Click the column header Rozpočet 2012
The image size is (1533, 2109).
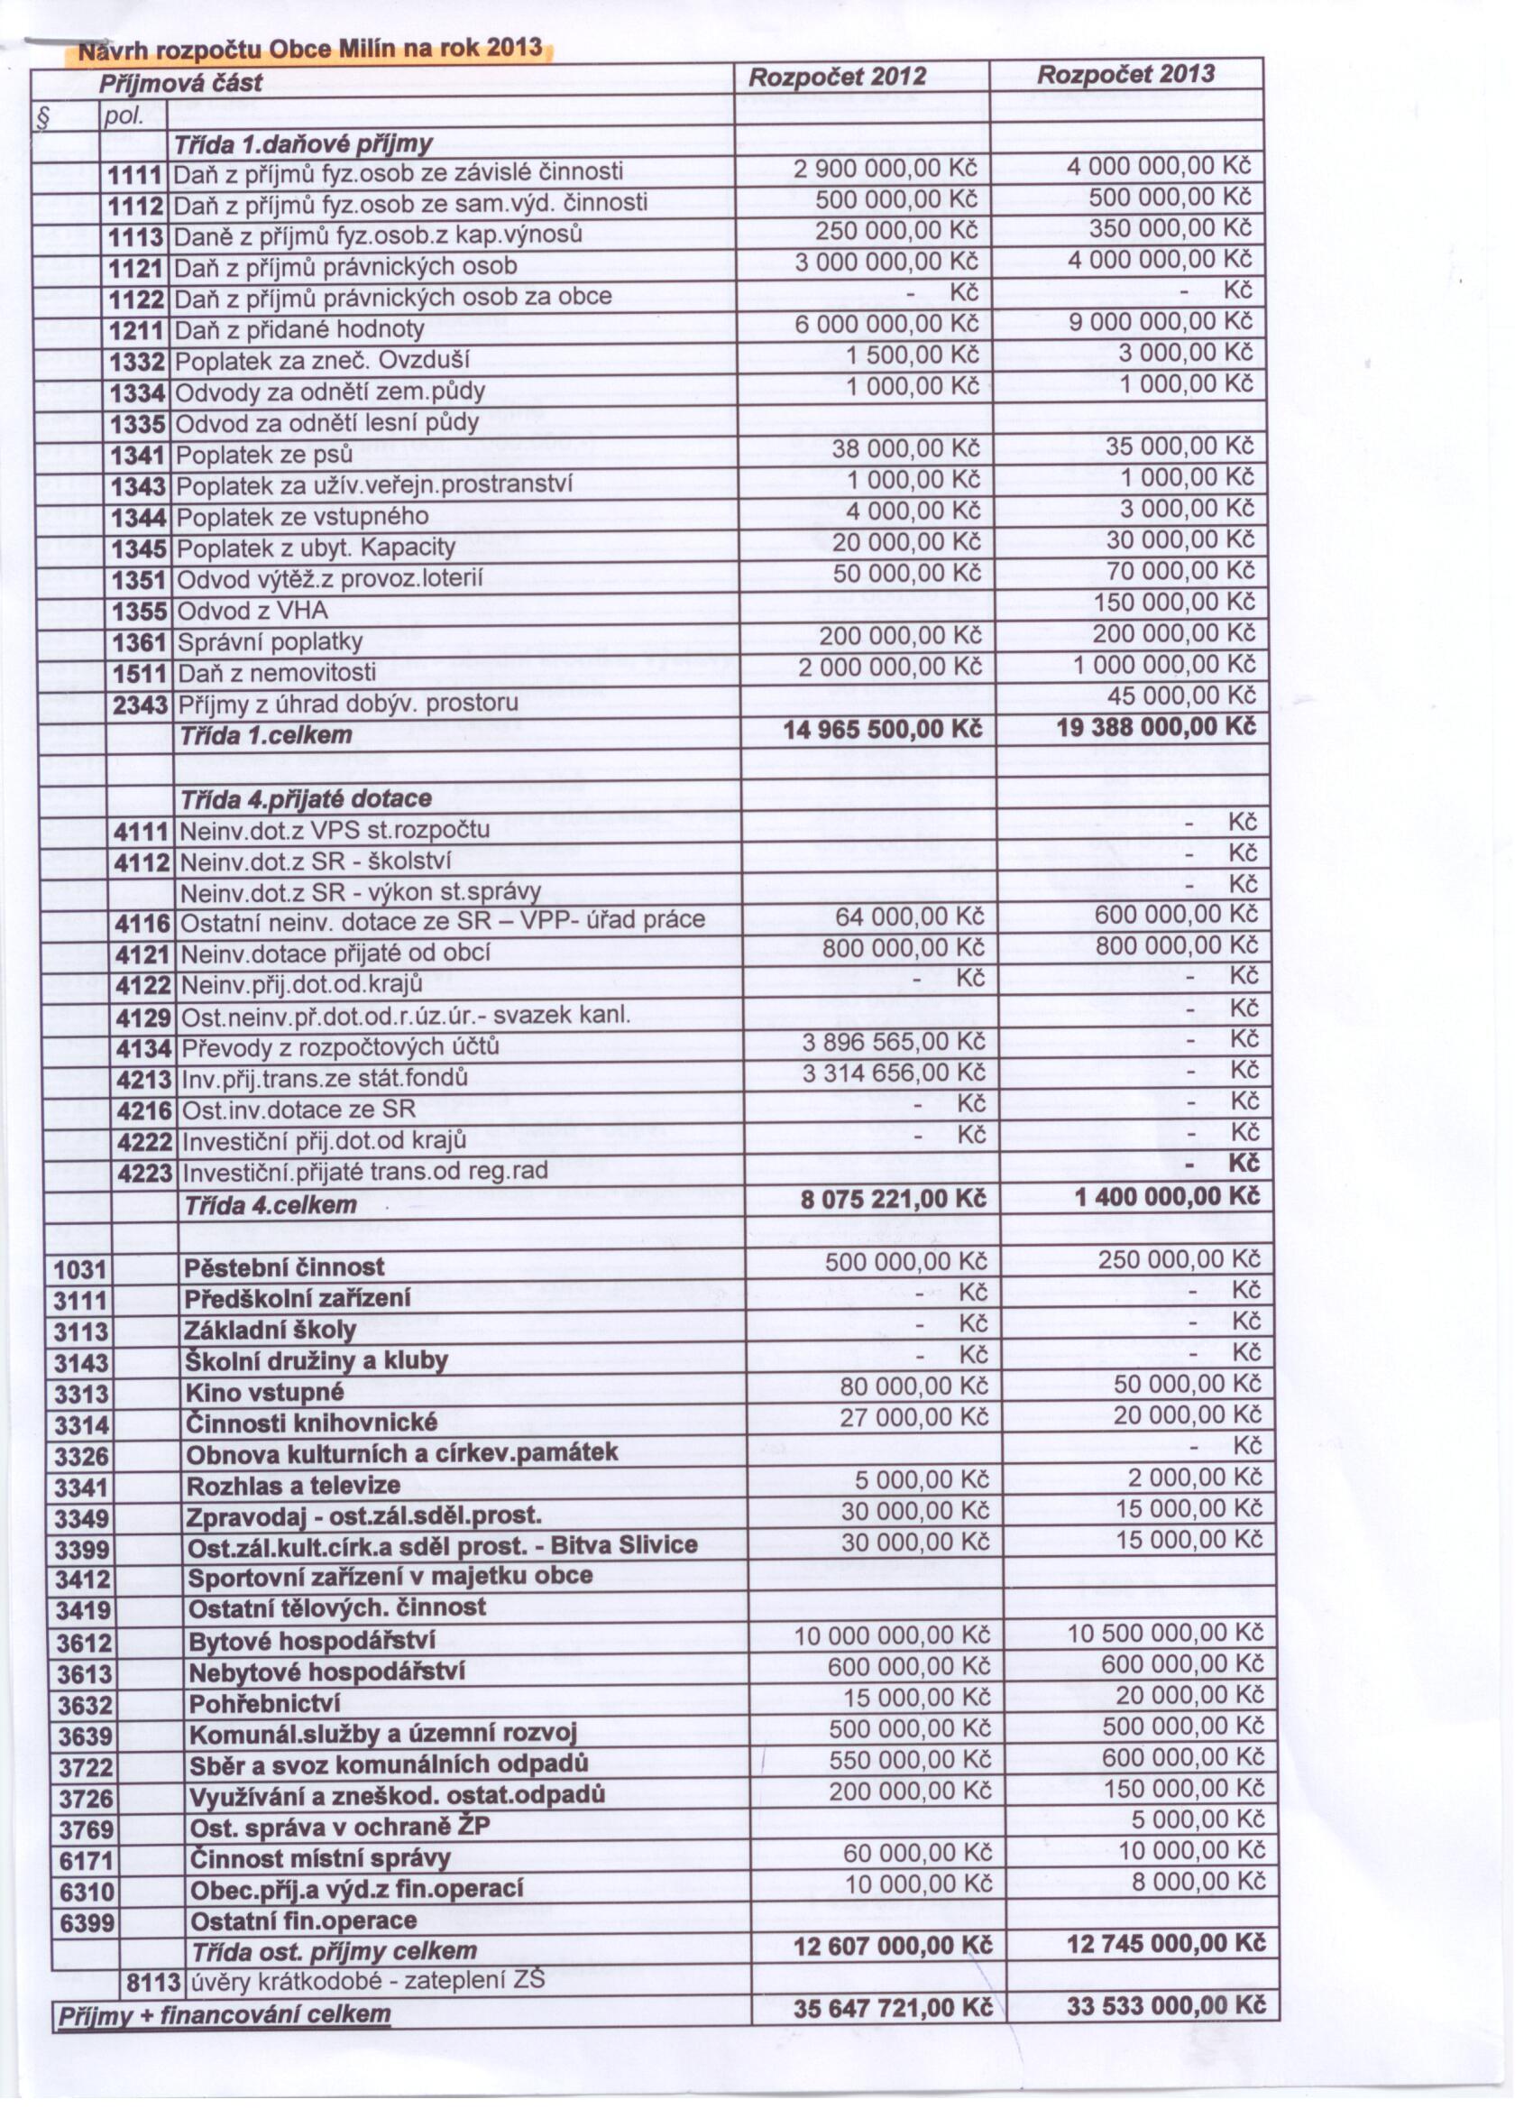pos(837,78)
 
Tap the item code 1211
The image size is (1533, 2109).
pos(136,330)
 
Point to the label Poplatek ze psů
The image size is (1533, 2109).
pos(264,455)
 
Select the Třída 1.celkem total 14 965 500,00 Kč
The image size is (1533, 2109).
pos(882,729)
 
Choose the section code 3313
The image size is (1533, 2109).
pos(82,1394)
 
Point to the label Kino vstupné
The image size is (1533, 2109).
pos(265,1393)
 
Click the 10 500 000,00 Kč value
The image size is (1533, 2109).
pos(1166,1634)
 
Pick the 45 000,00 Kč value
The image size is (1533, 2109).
pos(1180,695)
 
